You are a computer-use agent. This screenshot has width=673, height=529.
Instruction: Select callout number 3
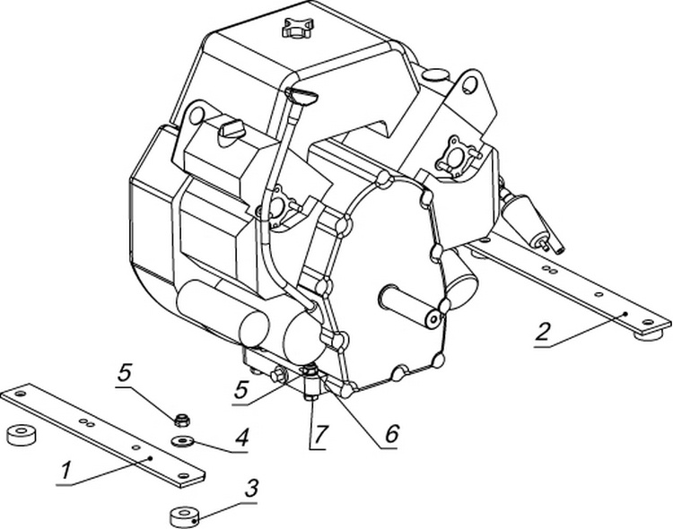coord(252,490)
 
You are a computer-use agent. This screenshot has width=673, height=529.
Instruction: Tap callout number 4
coord(242,439)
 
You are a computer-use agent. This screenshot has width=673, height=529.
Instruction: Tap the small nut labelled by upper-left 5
coord(180,418)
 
